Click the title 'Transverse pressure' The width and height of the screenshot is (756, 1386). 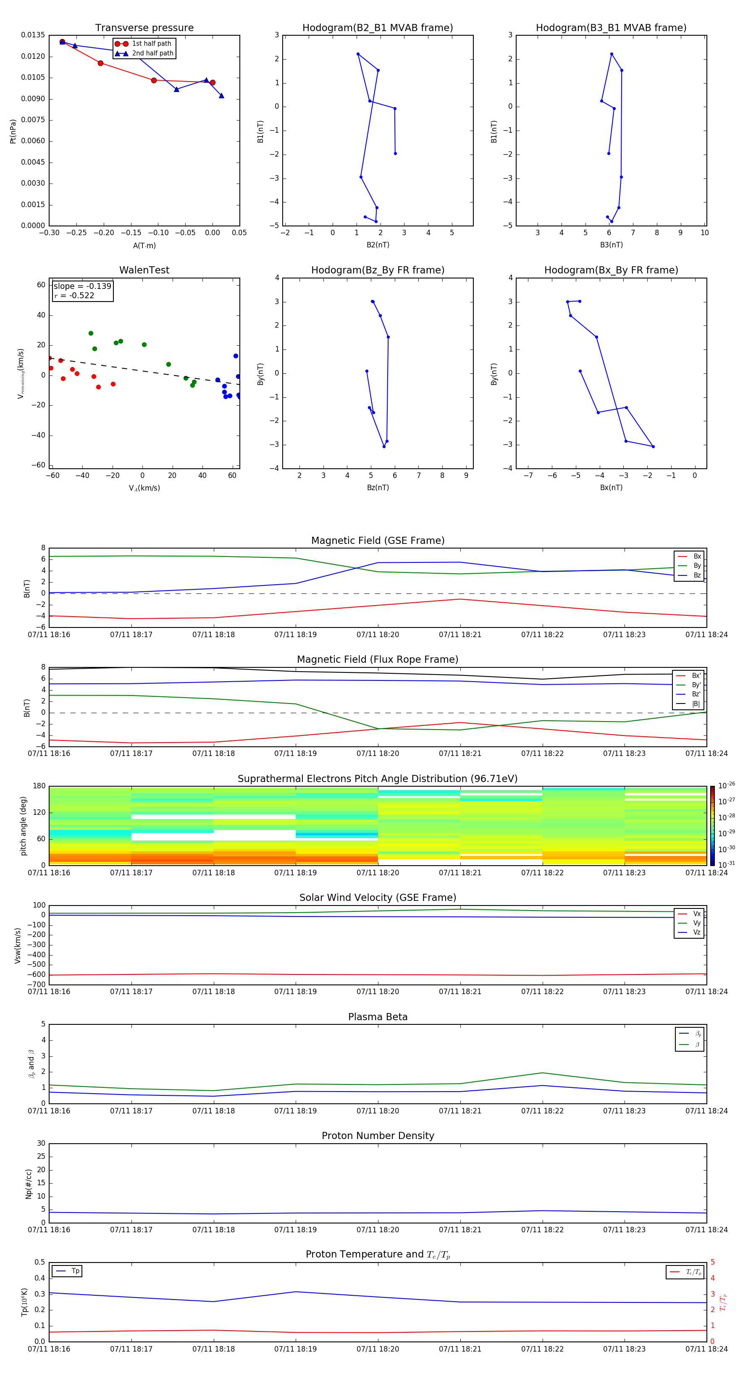coord(144,28)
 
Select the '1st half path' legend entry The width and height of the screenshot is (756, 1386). coord(151,44)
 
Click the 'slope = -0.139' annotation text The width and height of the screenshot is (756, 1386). coord(82,286)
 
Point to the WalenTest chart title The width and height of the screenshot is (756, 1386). coord(144,270)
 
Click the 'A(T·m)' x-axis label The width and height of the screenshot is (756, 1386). coord(144,246)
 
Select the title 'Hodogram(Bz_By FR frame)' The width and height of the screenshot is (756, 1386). coord(378,270)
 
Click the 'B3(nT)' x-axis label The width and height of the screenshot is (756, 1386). coord(611,245)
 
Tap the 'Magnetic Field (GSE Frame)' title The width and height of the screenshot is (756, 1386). coord(378,541)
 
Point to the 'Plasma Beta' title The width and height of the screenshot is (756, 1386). coord(378,1017)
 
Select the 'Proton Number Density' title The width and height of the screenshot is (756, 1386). coord(378,1136)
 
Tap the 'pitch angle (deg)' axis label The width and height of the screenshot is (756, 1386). coord(24,825)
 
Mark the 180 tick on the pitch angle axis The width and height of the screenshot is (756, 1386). coord(39,786)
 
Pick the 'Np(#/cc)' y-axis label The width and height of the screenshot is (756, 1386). coord(29,1184)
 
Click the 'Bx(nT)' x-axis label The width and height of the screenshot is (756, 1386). coord(611,488)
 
